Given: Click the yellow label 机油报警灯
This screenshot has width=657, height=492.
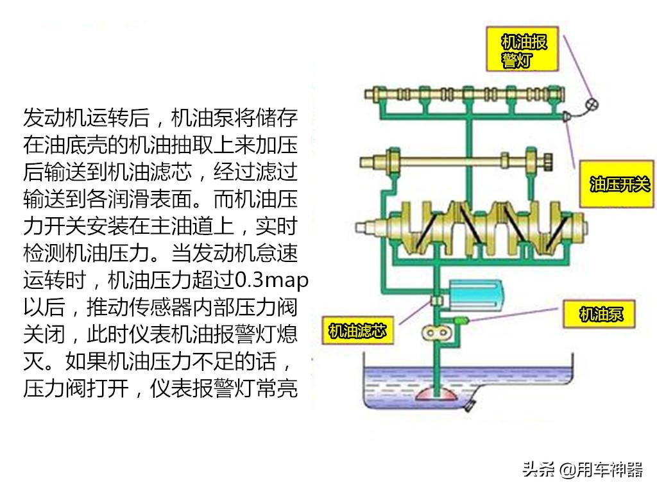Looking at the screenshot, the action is pyautogui.click(x=522, y=49).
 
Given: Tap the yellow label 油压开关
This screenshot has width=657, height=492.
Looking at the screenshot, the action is pyautogui.click(x=617, y=184).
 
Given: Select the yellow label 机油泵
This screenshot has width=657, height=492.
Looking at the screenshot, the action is pyautogui.click(x=599, y=314).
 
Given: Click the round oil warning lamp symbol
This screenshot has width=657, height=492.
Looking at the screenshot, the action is pyautogui.click(x=592, y=104).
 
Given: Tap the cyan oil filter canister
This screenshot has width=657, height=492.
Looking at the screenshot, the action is pyautogui.click(x=475, y=295).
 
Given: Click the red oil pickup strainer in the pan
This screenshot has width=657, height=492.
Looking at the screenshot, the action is pyautogui.click(x=436, y=394).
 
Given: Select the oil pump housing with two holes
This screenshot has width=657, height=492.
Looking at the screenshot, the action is pyautogui.click(x=436, y=333).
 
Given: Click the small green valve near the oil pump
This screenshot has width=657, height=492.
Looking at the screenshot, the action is pyautogui.click(x=461, y=320).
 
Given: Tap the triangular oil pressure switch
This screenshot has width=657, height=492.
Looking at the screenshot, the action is pyautogui.click(x=566, y=116).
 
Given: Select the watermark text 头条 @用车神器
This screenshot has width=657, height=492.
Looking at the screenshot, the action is pyautogui.click(x=583, y=470).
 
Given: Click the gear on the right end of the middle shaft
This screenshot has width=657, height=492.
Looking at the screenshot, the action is pyautogui.click(x=548, y=162).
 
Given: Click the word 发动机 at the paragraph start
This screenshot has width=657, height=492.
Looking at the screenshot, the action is pyautogui.click(x=55, y=118).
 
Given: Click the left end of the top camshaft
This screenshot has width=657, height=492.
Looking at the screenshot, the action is pyautogui.click(x=368, y=94).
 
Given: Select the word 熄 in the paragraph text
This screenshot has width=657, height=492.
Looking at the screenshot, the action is pyautogui.click(x=287, y=334).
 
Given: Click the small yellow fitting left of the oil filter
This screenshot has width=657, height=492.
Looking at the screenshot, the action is pyautogui.click(x=437, y=300).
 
